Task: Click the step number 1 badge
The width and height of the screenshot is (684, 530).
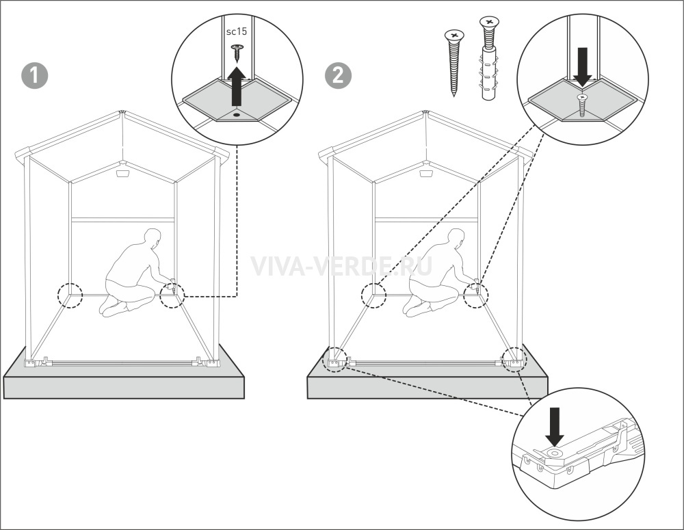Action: (34, 76)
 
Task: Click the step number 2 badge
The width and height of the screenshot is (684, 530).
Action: (338, 76)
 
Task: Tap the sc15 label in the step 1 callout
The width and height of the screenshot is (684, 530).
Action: (237, 31)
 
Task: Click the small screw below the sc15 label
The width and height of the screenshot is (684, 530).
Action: (237, 53)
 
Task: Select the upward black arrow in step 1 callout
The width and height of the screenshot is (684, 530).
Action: (236, 85)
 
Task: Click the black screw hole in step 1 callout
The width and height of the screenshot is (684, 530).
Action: (237, 114)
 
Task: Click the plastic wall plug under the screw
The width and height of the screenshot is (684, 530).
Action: (489, 74)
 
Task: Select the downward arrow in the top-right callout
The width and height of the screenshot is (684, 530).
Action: (582, 67)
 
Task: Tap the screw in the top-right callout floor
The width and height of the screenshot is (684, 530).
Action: (581, 105)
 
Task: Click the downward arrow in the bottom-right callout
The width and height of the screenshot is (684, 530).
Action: (555, 427)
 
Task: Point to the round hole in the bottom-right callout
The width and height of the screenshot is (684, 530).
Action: (555, 453)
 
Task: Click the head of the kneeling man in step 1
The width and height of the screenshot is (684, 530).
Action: (153, 238)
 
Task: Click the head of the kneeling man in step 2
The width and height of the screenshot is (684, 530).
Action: (456, 238)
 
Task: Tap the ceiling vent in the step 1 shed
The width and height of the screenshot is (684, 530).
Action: (122, 174)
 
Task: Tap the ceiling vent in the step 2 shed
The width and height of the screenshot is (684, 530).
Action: (426, 174)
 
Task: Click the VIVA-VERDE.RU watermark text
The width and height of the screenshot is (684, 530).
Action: (341, 265)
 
